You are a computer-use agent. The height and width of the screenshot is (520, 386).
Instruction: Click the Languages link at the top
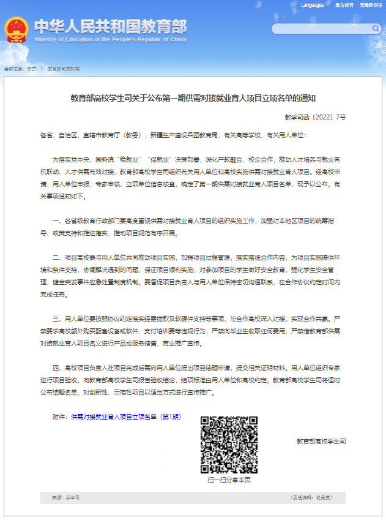(x=313, y=5)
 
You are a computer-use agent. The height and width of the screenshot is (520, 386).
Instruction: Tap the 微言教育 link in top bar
(x=344, y=5)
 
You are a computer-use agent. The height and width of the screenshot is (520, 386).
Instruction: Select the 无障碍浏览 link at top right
(x=369, y=5)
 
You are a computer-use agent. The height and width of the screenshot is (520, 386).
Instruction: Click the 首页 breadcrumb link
(x=31, y=69)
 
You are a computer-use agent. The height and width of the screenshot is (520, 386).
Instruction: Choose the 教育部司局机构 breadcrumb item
(x=64, y=69)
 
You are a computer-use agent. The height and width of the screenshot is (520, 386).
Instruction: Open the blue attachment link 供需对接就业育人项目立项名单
(x=126, y=417)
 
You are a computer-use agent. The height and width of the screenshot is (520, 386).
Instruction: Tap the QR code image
(x=229, y=445)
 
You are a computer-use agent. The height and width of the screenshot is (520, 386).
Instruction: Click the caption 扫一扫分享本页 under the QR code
(x=229, y=480)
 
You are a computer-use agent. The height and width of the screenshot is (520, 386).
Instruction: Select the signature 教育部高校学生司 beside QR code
(x=321, y=441)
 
